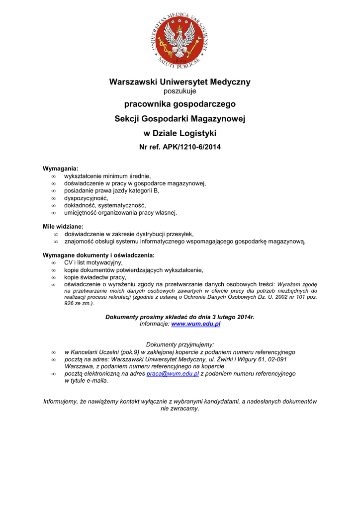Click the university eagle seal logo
(x=180, y=39)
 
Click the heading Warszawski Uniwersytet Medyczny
(x=180, y=82)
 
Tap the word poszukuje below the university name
(x=180, y=91)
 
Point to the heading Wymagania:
(x=61, y=169)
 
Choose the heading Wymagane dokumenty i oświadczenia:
(x=98, y=255)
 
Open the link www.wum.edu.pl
(x=196, y=324)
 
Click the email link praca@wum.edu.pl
(x=173, y=374)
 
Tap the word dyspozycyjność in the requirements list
(x=86, y=198)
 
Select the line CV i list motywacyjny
(x=93, y=262)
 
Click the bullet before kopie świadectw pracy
(x=53, y=277)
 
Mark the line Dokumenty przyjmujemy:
(x=180, y=344)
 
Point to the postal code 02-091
(x=276, y=359)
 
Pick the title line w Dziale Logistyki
(x=180, y=133)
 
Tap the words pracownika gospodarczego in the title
(x=180, y=104)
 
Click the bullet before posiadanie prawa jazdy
(x=53, y=190)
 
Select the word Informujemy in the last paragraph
(x=60, y=401)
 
